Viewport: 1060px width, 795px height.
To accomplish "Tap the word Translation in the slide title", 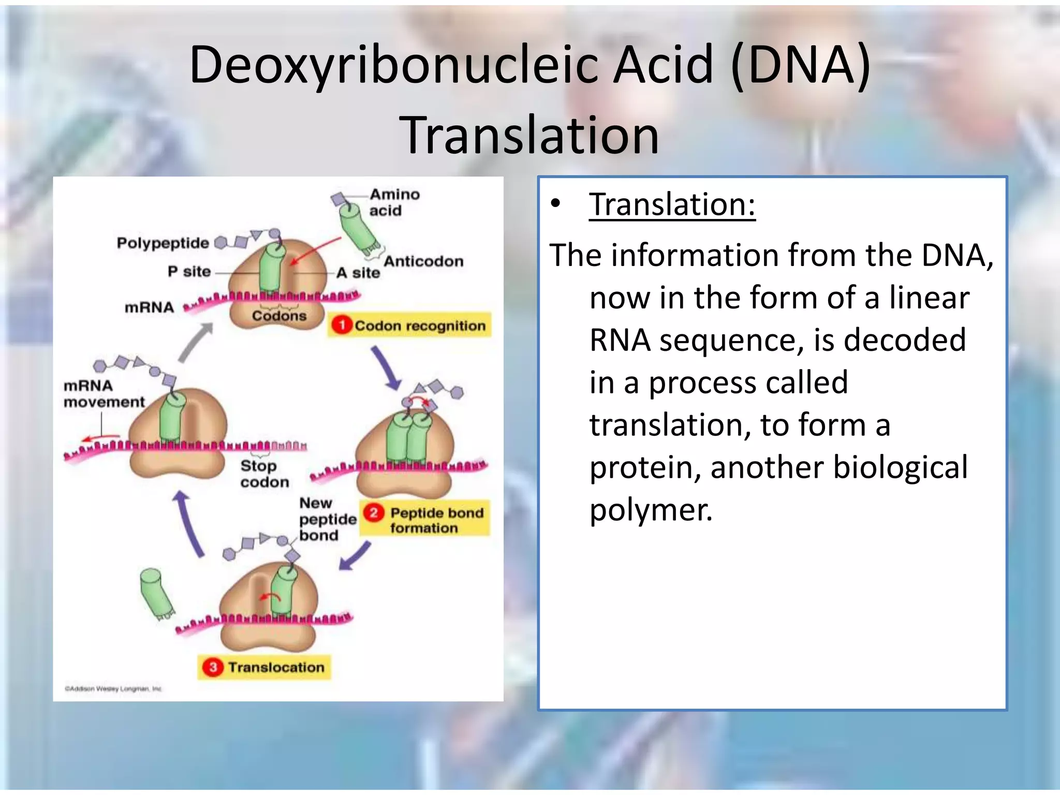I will click(529, 136).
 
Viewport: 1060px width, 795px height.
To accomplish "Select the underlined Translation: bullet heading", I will click(672, 204).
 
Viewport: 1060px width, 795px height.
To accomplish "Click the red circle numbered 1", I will click(341, 325).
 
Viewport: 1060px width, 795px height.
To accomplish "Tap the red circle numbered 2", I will click(373, 513).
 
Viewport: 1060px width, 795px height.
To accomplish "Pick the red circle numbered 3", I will click(213, 667).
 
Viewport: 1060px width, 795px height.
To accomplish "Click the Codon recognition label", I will click(420, 326).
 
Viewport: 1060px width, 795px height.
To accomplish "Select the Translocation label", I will click(276, 667).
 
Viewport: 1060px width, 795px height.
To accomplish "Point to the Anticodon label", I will click(423, 261).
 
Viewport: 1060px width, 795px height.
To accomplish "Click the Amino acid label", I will click(393, 202).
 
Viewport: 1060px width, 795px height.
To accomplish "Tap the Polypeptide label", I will click(163, 243).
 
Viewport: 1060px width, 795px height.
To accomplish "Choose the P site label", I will click(189, 272).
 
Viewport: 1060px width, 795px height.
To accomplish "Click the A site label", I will click(358, 273).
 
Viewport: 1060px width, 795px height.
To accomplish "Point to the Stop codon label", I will click(264, 474).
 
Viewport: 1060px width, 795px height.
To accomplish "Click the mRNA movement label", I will click(104, 393).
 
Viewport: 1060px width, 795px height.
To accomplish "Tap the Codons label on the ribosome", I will click(279, 316).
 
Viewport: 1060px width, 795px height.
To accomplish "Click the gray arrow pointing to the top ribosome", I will click(195, 342).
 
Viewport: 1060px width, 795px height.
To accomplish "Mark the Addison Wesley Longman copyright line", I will click(113, 689).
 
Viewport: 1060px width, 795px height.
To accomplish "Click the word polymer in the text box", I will click(651, 510).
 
